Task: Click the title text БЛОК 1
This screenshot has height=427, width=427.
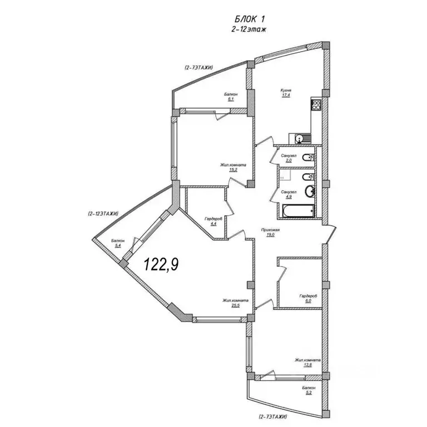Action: (250, 19)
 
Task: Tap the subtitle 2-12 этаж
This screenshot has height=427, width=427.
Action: (249, 29)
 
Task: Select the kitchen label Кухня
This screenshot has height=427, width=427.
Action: (286, 91)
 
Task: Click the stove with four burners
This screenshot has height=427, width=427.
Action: (316, 105)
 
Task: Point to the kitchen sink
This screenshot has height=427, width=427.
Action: (300, 138)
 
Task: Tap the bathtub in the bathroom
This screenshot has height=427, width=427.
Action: (299, 211)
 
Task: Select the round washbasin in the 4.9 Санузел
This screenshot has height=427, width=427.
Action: (310, 191)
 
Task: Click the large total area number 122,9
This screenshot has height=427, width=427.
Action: (161, 265)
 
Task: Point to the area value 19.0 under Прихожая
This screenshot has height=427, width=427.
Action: (270, 235)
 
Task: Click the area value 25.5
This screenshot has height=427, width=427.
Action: (236, 306)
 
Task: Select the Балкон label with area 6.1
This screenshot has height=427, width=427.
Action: (231, 94)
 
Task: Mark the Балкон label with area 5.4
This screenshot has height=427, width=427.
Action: (118, 241)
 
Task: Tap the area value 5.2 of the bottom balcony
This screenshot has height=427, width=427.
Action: (309, 393)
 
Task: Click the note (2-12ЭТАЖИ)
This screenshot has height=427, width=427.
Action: (103, 214)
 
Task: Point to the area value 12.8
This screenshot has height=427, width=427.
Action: (307, 365)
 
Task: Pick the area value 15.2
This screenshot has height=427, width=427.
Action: (234, 170)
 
